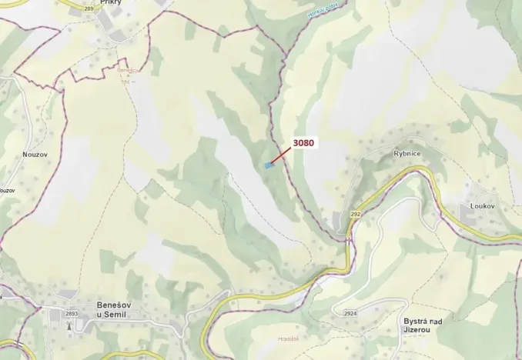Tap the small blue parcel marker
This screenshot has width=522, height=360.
[x=269, y=165]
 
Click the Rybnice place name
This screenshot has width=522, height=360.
[x=407, y=153]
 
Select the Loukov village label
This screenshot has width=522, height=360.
[x=482, y=207]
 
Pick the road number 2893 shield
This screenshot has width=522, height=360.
[x=72, y=314]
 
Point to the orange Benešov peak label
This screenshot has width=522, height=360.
[x=129, y=70]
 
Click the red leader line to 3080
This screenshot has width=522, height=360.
[x=280, y=154]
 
